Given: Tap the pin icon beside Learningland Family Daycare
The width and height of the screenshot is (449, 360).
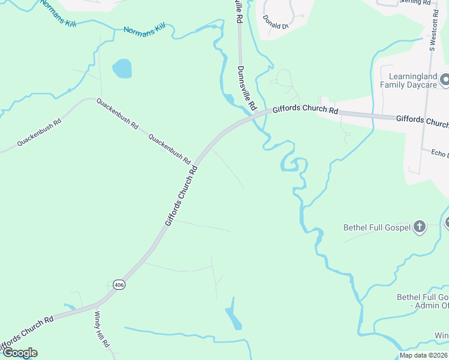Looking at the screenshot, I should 444,79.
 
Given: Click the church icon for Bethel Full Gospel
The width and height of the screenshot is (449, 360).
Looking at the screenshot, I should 419,227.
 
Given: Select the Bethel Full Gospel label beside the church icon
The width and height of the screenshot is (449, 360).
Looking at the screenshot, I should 376,227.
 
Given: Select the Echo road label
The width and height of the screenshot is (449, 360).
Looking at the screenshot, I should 439,153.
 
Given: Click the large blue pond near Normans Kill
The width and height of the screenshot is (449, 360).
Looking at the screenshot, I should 122,68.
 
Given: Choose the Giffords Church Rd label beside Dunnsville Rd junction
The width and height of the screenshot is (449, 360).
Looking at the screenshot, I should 305,110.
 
